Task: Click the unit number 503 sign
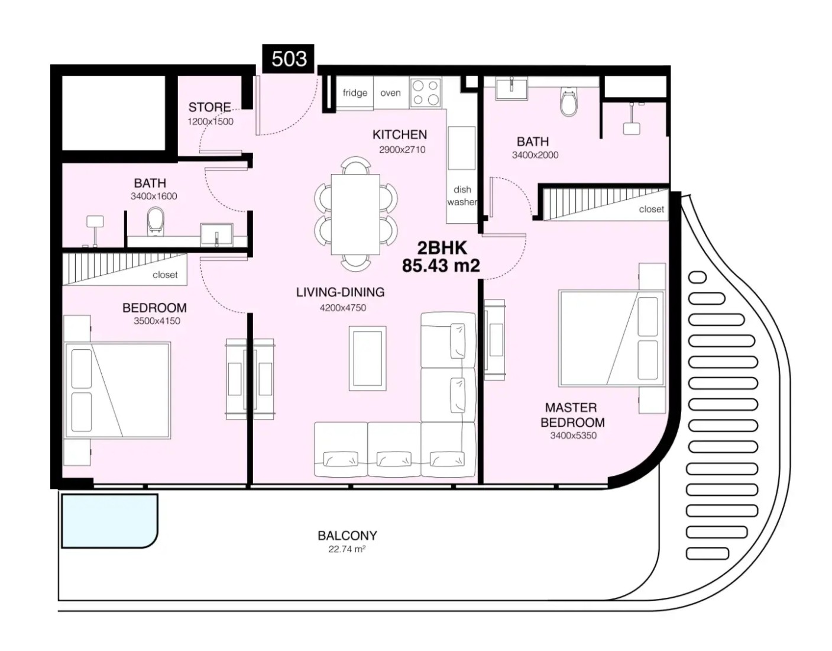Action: click(288, 59)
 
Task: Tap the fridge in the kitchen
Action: click(355, 93)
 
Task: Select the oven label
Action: click(390, 93)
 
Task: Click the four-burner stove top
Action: click(426, 92)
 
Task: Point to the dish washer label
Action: click(462, 196)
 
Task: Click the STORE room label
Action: click(209, 107)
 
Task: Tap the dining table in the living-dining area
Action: click(355, 215)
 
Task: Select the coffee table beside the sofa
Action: click(367, 358)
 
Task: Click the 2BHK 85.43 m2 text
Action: click(441, 257)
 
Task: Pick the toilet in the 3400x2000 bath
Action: click(569, 101)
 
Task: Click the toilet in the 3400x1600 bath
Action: click(156, 222)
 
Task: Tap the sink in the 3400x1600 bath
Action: click(216, 235)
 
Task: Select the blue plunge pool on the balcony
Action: click(109, 521)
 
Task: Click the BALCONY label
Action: click(347, 535)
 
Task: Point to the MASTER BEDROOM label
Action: click(572, 415)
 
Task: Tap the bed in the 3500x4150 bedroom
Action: click(118, 390)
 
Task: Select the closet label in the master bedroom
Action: click(651, 210)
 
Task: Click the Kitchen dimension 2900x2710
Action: click(402, 150)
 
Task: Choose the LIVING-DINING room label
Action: click(340, 292)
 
